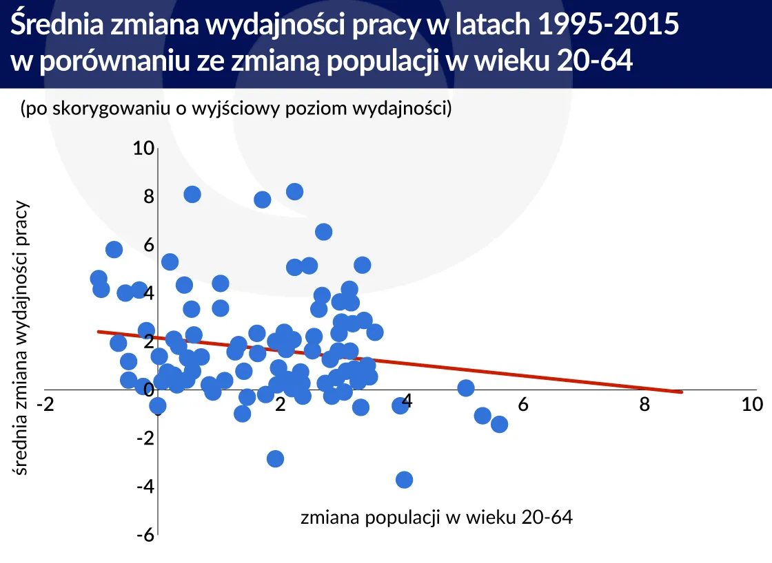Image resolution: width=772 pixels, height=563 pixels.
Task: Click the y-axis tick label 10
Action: click(x=143, y=149)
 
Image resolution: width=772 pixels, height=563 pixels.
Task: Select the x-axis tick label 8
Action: click(x=644, y=405)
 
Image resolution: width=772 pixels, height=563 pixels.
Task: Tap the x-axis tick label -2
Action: click(x=45, y=405)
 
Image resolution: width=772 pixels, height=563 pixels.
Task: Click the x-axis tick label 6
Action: click(x=522, y=405)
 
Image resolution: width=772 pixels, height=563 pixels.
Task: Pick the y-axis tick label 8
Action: click(x=148, y=197)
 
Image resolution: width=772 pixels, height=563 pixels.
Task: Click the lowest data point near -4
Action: click(x=405, y=480)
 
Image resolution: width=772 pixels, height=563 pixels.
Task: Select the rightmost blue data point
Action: click(x=500, y=424)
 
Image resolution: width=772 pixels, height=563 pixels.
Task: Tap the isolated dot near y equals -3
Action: click(x=275, y=458)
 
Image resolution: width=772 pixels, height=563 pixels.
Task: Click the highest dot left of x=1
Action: click(x=192, y=194)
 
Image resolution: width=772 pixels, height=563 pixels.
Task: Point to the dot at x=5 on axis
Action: click(x=466, y=388)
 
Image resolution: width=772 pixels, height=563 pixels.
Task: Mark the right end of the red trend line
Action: click(x=681, y=392)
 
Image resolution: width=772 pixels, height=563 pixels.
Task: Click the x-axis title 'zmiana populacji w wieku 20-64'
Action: click(x=436, y=518)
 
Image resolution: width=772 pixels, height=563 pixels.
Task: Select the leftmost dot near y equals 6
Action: click(x=114, y=249)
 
